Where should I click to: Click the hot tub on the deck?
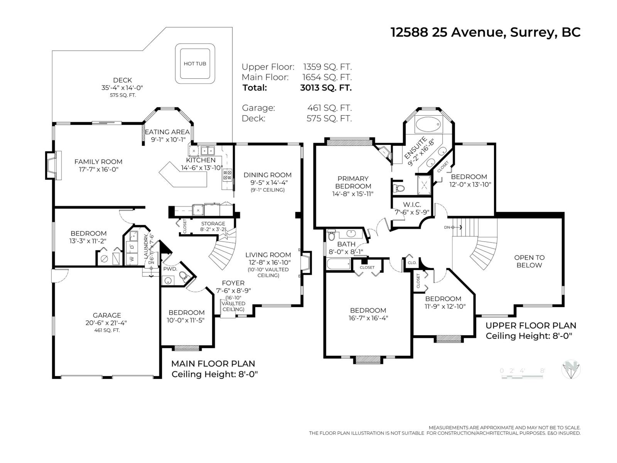click(195, 64)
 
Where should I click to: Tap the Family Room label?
click(98, 162)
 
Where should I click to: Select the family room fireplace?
click(52, 165)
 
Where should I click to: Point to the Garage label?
click(107, 315)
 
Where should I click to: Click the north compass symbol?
click(571, 370)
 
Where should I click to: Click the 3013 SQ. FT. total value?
click(326, 88)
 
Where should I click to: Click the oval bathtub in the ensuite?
click(428, 125)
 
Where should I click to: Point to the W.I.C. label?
click(412, 204)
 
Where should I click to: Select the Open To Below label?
click(529, 261)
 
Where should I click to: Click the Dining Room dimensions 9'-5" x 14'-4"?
click(268, 182)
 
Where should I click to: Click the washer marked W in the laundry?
click(132, 259)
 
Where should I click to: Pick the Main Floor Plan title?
click(213, 363)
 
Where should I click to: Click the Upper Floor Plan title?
click(531, 326)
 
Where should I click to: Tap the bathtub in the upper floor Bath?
click(338, 264)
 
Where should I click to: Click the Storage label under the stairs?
click(213, 223)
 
